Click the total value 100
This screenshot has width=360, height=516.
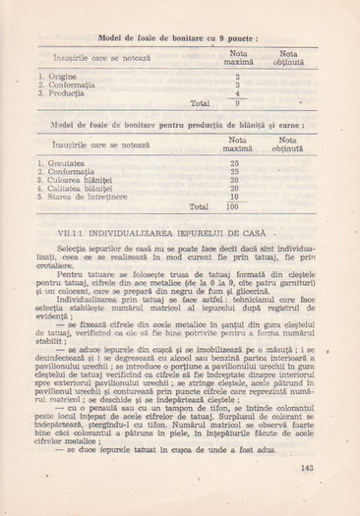233,207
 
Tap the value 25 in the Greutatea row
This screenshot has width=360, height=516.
234,162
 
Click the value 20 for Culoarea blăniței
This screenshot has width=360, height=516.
234,180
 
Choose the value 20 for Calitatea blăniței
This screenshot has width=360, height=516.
234,189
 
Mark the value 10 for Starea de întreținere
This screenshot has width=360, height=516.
234,198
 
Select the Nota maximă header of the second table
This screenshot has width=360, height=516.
234,144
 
